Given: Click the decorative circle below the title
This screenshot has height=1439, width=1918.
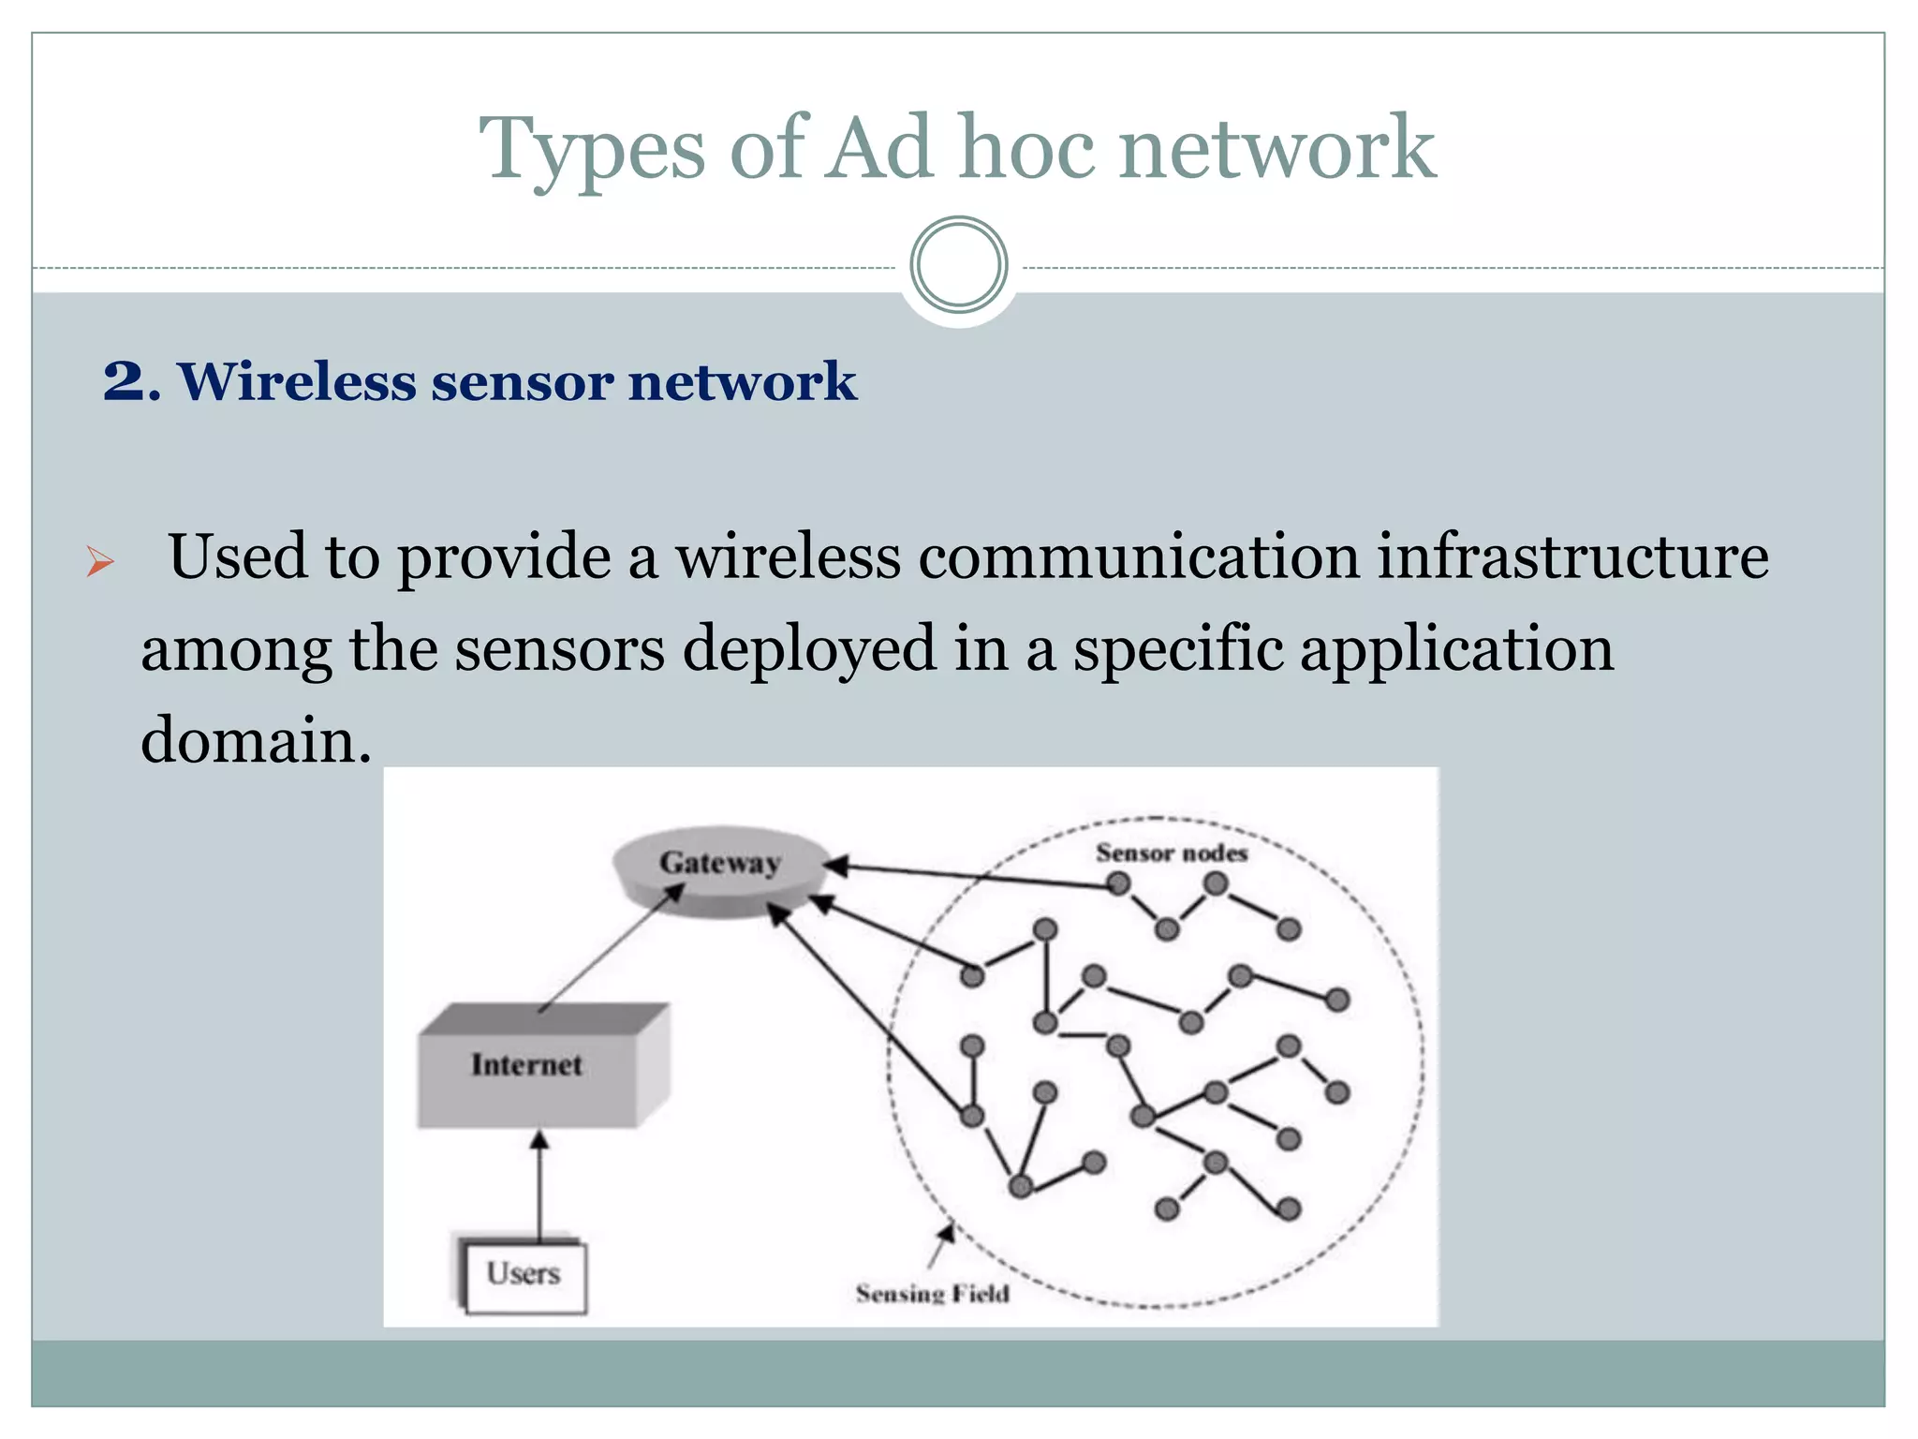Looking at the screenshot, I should click(958, 264).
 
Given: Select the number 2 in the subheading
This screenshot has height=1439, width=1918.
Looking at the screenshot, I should click(125, 382).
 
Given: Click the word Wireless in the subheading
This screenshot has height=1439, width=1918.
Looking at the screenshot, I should click(297, 382).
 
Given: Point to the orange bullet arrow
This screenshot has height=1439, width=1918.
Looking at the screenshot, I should click(99, 562).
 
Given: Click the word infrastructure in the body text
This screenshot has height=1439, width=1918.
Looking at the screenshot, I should click(1572, 556).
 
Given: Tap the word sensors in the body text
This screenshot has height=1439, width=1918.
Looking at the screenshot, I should click(559, 648).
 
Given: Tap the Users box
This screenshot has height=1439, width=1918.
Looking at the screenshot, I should click(524, 1274).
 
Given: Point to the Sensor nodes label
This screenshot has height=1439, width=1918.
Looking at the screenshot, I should click(1171, 853).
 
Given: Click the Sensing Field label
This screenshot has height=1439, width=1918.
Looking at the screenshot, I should click(932, 1294).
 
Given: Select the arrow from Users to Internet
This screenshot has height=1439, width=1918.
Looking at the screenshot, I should click(539, 1185).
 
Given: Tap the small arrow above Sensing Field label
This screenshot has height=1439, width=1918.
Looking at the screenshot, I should click(940, 1245).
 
